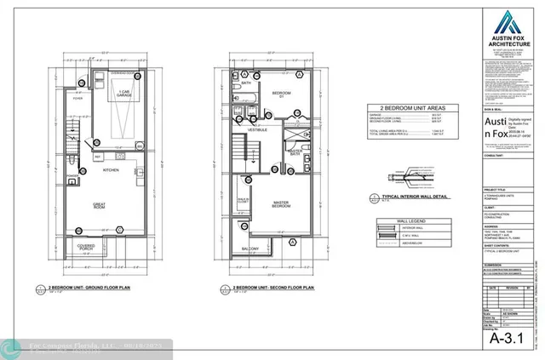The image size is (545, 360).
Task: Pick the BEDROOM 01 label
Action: [x=280, y=93]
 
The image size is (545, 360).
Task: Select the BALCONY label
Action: [x=250, y=249]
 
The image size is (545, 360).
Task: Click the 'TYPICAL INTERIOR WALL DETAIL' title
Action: [x=405, y=196]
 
